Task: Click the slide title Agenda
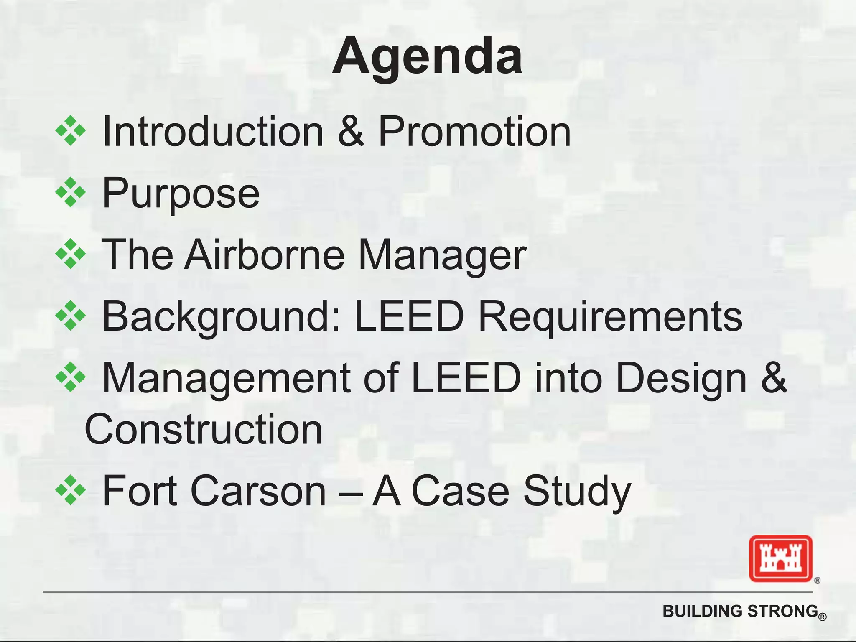(x=427, y=56)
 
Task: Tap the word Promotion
(x=474, y=132)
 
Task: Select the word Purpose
(x=181, y=194)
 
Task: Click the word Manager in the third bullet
(x=442, y=255)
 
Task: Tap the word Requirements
(x=610, y=317)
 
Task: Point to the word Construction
(x=204, y=430)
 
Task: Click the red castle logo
(x=780, y=558)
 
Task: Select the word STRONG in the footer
(x=782, y=611)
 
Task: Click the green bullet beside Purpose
(x=71, y=193)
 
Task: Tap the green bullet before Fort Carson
(x=71, y=490)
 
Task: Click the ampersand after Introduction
(x=351, y=132)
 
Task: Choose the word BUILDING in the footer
(x=702, y=611)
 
